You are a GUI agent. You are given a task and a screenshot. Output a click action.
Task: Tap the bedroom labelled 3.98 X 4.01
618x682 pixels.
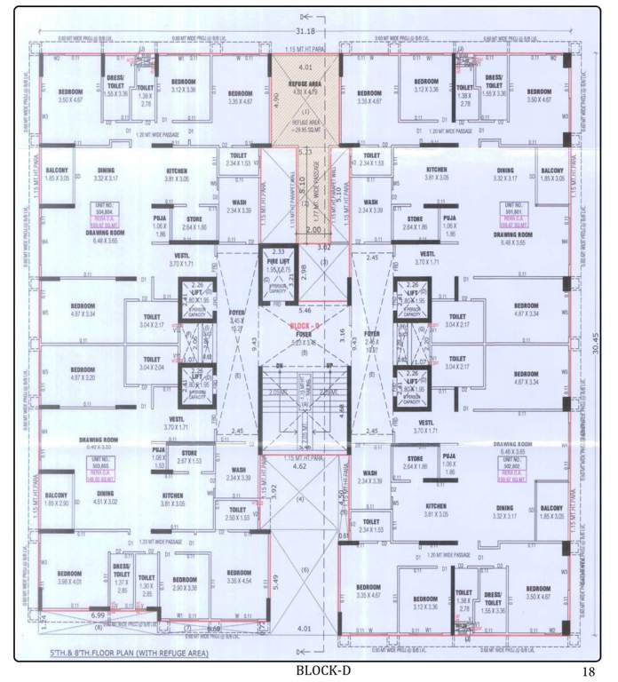[71, 578]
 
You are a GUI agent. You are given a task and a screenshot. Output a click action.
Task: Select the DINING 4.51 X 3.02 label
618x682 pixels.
[106, 496]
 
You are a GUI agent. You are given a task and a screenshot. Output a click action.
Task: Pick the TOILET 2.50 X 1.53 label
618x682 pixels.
[237, 513]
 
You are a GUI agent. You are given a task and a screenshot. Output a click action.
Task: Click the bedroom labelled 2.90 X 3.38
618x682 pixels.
[185, 583]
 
